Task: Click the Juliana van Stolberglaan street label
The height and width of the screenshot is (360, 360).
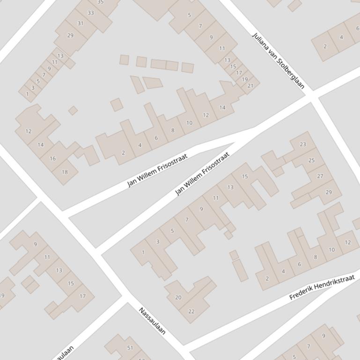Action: [278, 60]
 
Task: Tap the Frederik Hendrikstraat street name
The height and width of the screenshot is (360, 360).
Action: [322, 287]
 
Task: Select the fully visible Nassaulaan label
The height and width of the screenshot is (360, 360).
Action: [152, 321]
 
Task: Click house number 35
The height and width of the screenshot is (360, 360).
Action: [100, 2]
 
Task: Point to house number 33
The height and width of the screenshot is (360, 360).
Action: [90, 13]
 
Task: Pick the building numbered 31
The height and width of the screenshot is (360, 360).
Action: [81, 23]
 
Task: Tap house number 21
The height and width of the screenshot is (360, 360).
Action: [250, 86]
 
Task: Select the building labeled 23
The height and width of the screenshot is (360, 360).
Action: [303, 144]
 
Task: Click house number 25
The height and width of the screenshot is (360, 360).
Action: [311, 160]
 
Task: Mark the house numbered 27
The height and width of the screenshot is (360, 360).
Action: [320, 176]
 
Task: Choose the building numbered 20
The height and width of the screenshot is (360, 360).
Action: [178, 297]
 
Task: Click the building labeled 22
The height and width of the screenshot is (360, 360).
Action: [191, 311]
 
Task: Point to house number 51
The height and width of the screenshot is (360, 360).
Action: [130, 348]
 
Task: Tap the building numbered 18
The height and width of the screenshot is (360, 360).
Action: [65, 172]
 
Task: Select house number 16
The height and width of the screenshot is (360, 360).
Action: [52, 158]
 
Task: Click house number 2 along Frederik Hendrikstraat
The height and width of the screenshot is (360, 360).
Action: [267, 279]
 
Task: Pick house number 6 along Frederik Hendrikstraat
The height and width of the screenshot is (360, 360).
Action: [299, 264]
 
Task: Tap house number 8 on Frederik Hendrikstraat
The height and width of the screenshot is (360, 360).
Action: [316, 257]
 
